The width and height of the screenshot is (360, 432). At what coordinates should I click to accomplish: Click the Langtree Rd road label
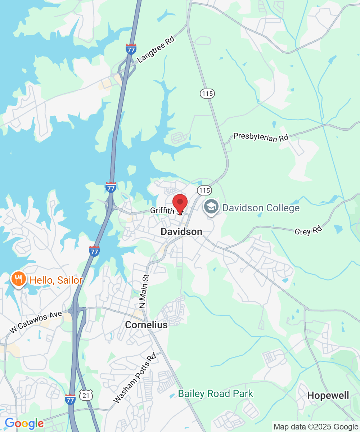[156, 49]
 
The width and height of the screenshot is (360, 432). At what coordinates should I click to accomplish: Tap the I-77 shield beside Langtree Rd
[131, 49]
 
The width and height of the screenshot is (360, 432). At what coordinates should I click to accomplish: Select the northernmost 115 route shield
[207, 94]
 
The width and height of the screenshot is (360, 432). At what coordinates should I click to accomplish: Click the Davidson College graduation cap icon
[211, 207]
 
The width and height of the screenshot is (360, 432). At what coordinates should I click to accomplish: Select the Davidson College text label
[261, 208]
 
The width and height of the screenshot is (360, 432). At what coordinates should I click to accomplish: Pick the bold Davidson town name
[181, 232]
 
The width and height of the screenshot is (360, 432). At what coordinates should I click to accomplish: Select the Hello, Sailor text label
[56, 280]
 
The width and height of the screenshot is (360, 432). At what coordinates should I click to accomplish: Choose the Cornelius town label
[146, 325]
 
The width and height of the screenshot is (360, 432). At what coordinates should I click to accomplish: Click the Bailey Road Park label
[216, 394]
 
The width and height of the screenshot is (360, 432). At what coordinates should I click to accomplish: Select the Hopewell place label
[328, 396]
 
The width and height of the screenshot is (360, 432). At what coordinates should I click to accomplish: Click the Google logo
[24, 424]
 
